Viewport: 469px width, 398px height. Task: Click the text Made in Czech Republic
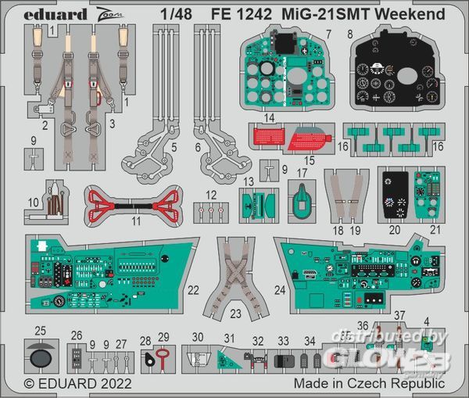click(369, 384)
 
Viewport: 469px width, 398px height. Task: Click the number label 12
click(212, 194)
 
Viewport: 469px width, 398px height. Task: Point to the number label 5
click(174, 146)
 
